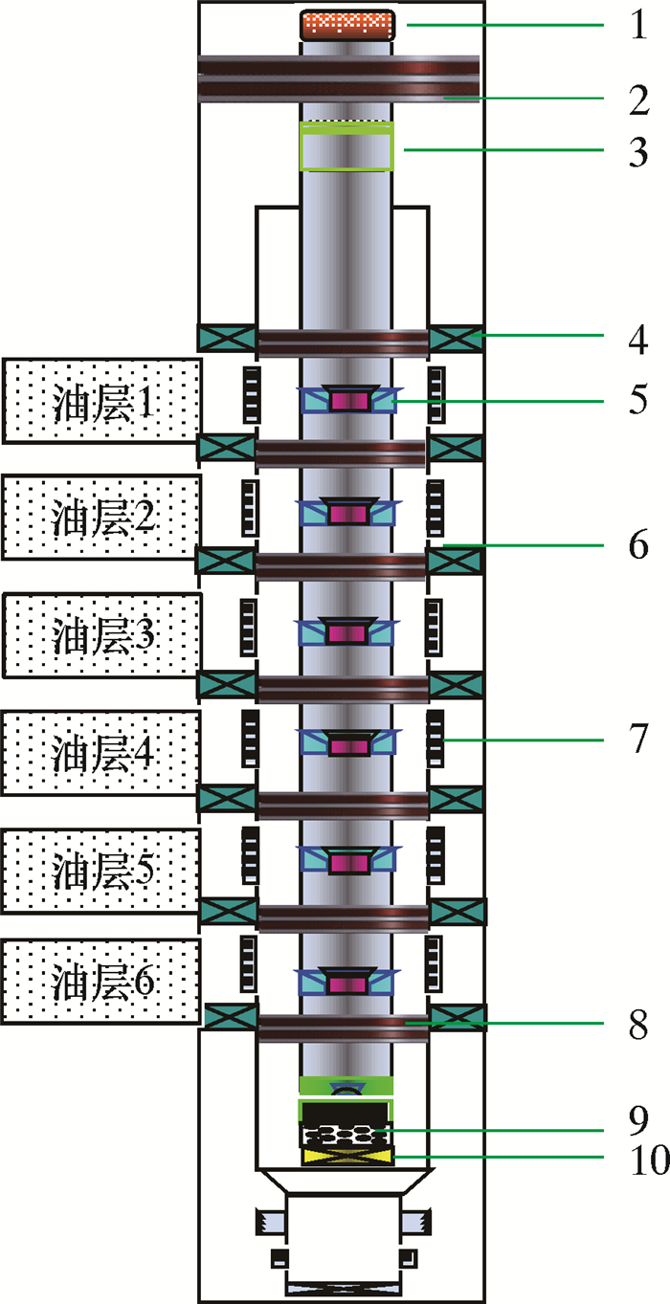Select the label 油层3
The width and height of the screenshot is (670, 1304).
102,635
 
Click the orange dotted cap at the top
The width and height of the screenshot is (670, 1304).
348,25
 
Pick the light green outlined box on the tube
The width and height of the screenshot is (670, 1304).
347,146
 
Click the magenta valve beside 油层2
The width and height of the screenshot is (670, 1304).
348,515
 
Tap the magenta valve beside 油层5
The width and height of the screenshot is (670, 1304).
348,863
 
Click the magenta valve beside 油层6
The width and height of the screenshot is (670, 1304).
348,983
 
